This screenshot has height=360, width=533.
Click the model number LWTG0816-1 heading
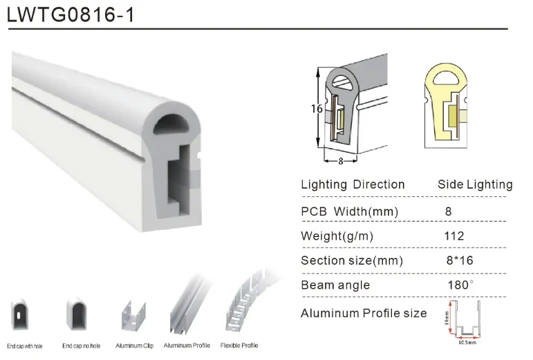coord(71,15)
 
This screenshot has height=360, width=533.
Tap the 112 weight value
coord(453,236)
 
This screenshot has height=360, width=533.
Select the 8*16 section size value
coord(460,260)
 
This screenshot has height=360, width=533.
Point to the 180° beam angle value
coord(460,285)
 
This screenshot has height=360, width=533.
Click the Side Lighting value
coord(475,184)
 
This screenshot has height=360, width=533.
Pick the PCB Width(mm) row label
coord(349,211)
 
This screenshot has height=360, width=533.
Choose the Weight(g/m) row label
coord(337,236)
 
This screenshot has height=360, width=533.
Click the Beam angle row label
coord(335,285)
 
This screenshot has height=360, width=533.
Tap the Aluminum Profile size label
coord(364,313)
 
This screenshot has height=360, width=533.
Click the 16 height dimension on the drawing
coord(317,108)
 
